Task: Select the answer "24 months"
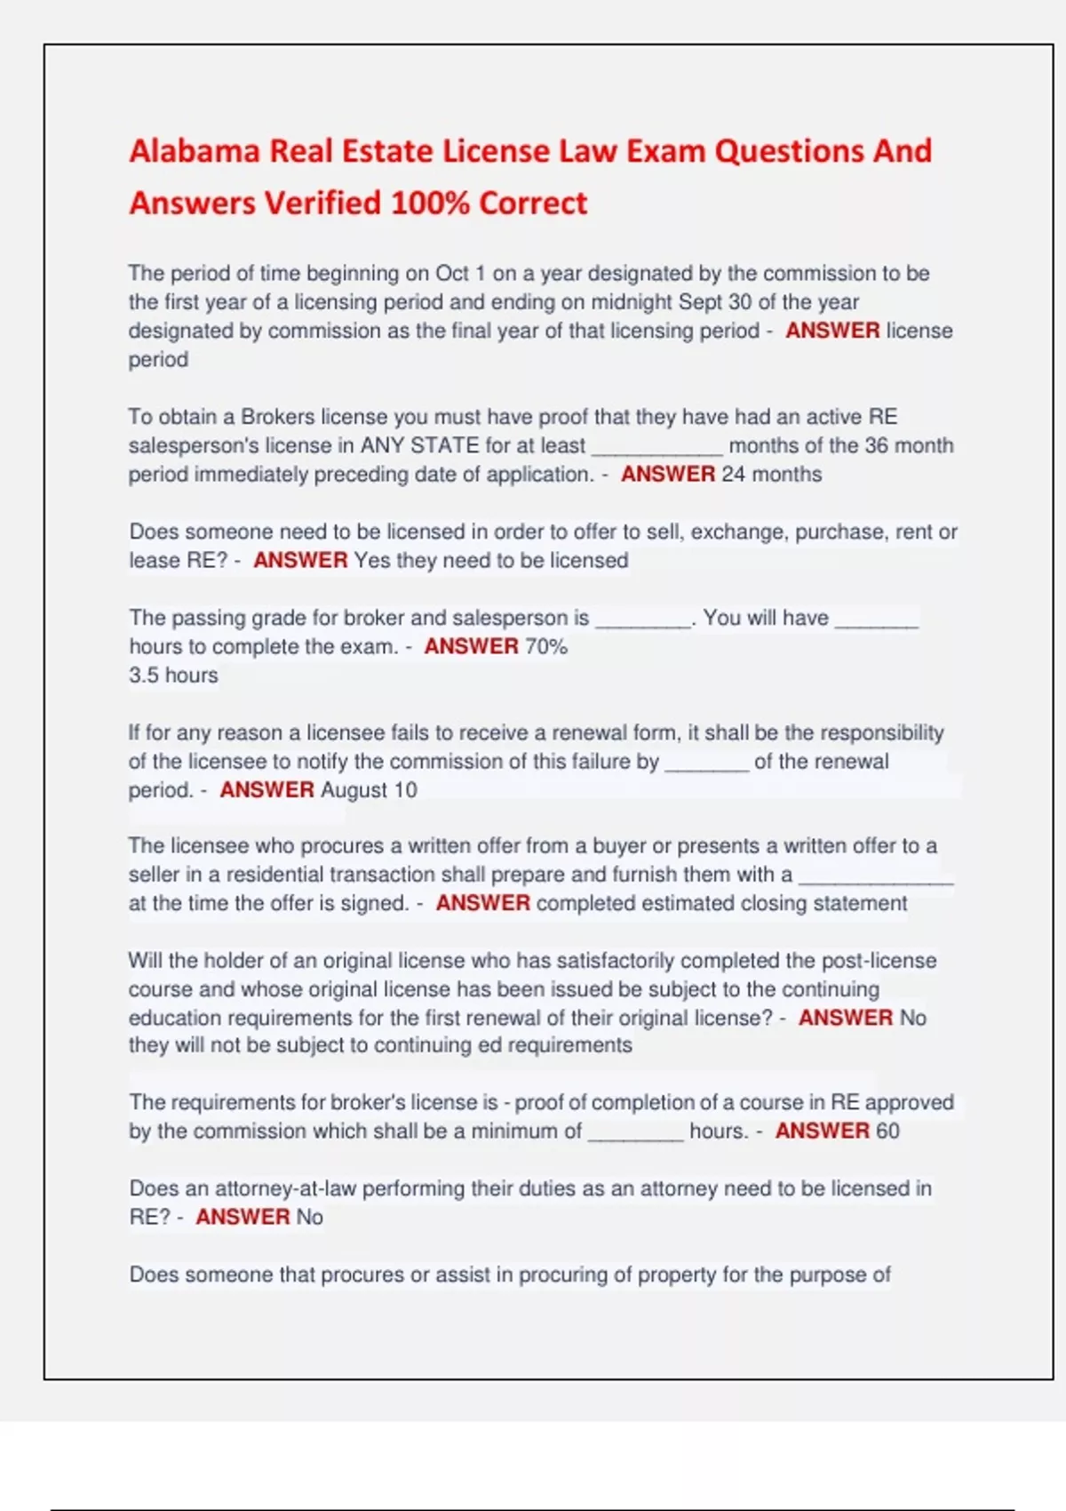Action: tap(771, 475)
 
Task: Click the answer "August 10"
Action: tap(369, 790)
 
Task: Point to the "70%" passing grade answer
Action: tap(545, 646)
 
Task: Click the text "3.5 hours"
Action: tap(173, 676)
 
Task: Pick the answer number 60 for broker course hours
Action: tap(887, 1131)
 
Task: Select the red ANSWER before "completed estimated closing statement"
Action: tap(482, 904)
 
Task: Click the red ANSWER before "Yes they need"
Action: tap(300, 561)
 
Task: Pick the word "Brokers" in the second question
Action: tap(277, 417)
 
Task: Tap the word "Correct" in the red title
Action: tap(533, 204)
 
